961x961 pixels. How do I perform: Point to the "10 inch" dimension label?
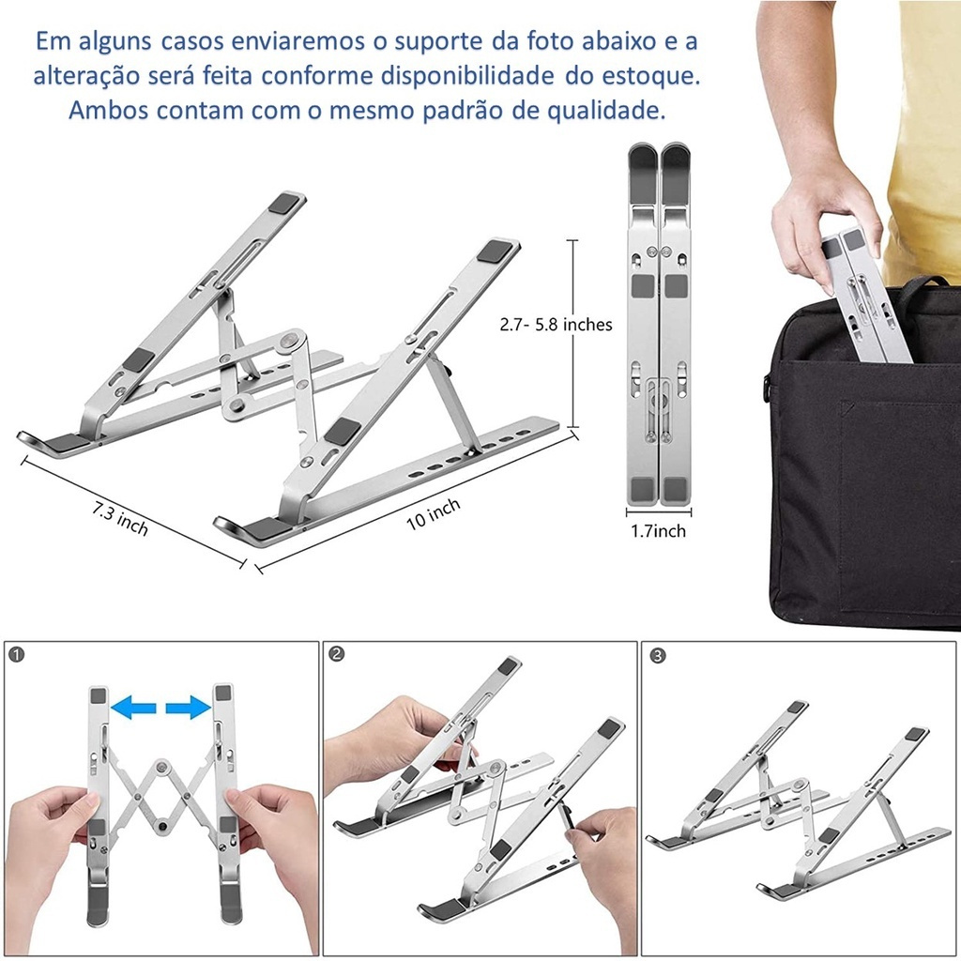click(x=434, y=513)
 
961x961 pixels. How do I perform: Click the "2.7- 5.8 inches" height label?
click(x=556, y=324)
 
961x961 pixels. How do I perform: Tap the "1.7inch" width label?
click(x=658, y=531)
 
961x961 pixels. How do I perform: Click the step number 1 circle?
click(x=17, y=654)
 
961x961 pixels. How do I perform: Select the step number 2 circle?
click(x=337, y=654)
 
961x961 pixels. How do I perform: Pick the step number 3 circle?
click(x=657, y=655)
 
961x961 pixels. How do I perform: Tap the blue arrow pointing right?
click(x=189, y=707)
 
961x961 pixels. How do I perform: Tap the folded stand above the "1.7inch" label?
click(x=658, y=324)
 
